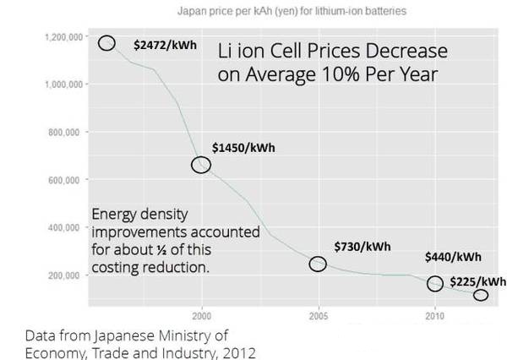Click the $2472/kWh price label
pos(166,44)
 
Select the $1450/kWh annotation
pos(243,148)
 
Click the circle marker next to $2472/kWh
pos(106,43)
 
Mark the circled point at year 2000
pos(201,165)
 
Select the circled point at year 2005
pos(318,264)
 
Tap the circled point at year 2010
pos(435,284)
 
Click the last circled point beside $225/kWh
pos(481,295)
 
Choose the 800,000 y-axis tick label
pos(63,133)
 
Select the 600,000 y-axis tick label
pos(63,180)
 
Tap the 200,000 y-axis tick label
pos(63,275)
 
